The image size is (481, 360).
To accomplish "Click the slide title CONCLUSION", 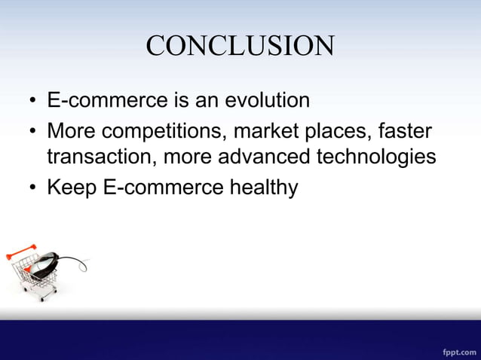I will (240, 47).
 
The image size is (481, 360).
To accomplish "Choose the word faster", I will (406, 132).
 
